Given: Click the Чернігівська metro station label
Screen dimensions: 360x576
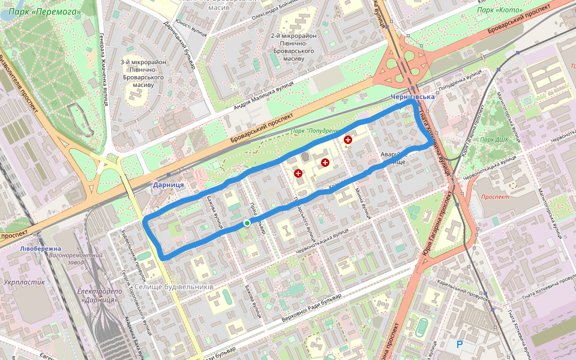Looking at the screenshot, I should click(412, 97).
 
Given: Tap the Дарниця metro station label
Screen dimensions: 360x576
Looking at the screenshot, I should click(168, 185).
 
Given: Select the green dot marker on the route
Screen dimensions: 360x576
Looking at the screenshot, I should click(247, 223).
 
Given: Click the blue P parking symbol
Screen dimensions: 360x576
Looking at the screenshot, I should click(460, 344).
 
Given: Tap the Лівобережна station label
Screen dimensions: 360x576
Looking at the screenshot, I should click(40, 248).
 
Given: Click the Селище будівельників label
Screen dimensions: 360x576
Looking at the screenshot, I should click(174, 287).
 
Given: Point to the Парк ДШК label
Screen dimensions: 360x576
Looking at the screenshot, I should click(499, 140).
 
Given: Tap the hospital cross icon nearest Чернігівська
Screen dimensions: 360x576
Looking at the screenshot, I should click(347, 140).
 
